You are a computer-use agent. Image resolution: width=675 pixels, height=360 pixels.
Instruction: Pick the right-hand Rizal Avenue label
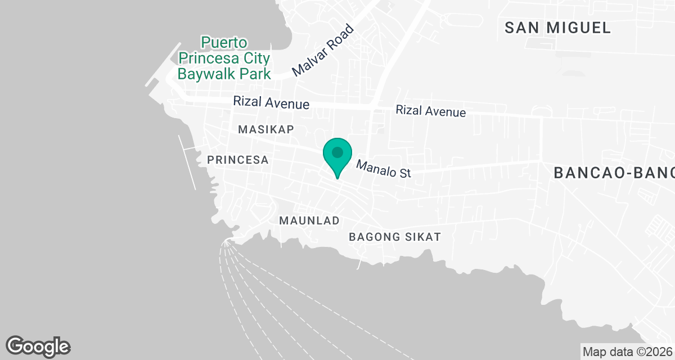pyautogui.click(x=430, y=111)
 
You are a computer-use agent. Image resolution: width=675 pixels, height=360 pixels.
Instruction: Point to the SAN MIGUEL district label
pyautogui.click(x=557, y=28)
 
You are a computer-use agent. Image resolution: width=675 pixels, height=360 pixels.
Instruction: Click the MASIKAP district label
pyautogui.click(x=266, y=129)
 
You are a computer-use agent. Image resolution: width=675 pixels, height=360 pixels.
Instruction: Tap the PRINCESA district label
pyautogui.click(x=237, y=160)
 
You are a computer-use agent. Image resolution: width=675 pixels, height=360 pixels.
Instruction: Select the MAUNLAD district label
pyautogui.click(x=309, y=221)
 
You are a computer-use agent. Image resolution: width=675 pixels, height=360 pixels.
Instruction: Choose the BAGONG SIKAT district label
pyautogui.click(x=394, y=237)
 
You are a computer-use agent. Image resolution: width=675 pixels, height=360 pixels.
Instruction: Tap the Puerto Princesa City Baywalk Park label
pyautogui.click(x=224, y=58)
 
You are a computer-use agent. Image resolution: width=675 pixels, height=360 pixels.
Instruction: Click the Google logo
pyautogui.click(x=38, y=346)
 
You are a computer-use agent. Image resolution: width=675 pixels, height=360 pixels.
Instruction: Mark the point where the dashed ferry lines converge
pyautogui.click(x=226, y=242)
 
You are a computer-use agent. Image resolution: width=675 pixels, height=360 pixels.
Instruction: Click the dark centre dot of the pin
pyautogui.click(x=337, y=152)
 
